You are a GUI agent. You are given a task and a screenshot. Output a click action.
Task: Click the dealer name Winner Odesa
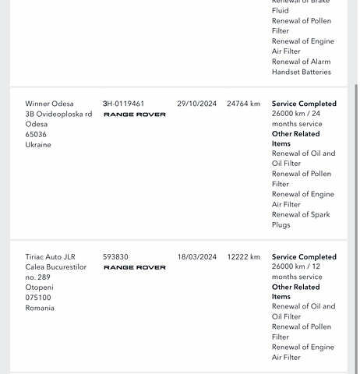pos(50,104)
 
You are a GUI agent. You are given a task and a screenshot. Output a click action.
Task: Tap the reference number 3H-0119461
pos(123,104)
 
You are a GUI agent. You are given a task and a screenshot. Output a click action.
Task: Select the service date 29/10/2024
pos(196,104)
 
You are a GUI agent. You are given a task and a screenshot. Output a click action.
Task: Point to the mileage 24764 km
pos(243,104)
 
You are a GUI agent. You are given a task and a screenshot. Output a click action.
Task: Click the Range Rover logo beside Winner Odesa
pos(135,115)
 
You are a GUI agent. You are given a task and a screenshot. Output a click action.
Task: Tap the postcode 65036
pos(36,134)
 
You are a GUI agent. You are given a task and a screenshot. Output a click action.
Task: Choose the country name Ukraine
pos(38,145)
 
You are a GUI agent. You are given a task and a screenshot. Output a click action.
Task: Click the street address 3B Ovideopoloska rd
pos(58,114)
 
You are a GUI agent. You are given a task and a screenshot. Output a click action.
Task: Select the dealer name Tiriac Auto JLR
pos(51,257)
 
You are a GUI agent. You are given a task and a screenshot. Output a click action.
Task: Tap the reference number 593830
pos(115,257)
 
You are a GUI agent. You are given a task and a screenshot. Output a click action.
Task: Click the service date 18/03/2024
pos(196,257)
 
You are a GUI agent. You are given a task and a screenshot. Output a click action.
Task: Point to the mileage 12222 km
pos(243,257)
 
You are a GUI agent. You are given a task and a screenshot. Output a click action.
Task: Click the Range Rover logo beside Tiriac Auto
pos(135,268)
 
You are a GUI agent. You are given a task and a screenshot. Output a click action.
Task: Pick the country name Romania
pos(40,309)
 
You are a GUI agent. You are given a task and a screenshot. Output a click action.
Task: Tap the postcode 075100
pos(38,298)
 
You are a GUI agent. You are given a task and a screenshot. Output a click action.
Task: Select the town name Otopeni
pos(39,288)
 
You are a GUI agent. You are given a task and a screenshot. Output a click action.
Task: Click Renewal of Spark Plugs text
pos(301,220)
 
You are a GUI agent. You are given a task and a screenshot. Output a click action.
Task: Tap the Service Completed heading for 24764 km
pos(304,104)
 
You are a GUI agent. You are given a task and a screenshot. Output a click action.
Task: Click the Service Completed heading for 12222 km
pos(304,257)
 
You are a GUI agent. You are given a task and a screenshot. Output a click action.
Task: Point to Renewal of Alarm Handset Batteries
pos(301,67)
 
